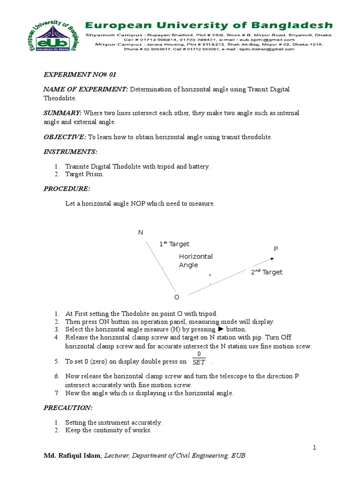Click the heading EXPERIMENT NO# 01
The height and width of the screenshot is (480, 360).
(76, 74)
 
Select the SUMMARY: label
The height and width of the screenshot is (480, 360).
(63, 113)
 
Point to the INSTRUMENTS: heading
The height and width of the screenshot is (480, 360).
(70, 152)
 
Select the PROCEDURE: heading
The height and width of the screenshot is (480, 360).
(67, 188)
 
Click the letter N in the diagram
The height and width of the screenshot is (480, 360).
(140, 233)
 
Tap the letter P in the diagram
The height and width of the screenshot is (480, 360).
(276, 248)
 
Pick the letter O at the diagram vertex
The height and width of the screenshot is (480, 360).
(177, 298)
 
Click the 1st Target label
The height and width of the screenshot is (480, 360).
(174, 244)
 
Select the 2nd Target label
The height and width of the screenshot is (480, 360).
(266, 272)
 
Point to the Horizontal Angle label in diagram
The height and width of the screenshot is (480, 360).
(196, 261)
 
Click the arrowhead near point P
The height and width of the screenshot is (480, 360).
(272, 258)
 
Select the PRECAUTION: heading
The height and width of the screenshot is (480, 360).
(68, 408)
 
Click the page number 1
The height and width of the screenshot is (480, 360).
(315, 448)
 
